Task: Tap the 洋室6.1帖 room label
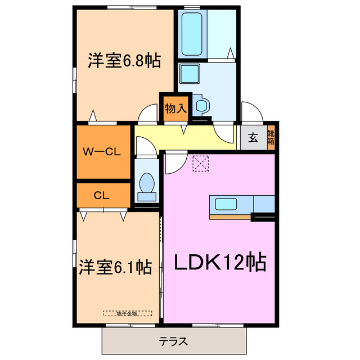tap(115, 266)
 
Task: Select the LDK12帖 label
tap(219, 262)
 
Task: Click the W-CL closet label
tap(102, 152)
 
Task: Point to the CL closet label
tap(101, 196)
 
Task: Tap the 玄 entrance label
tap(253, 137)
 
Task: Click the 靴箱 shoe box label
tap(271, 137)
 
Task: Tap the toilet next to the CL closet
tap(147, 184)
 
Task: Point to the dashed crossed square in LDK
tap(200, 163)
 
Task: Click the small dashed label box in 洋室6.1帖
tap(128, 313)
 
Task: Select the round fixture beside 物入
tap(201, 104)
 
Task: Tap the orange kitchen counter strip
tap(231, 216)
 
